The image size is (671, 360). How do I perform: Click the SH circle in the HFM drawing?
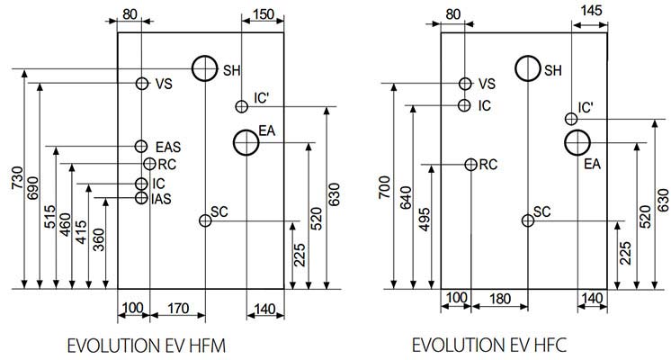[x=192, y=68]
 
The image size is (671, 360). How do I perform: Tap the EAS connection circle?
[x=135, y=147]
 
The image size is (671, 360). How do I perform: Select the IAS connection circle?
[x=135, y=198]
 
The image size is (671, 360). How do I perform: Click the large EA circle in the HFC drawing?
[x=565, y=142]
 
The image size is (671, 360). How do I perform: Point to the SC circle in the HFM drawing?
[x=200, y=220]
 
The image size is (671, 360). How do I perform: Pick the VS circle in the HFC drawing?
[x=460, y=84]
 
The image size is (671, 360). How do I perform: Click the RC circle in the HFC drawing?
[x=465, y=165]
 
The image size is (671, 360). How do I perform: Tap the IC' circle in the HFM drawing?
[x=237, y=106]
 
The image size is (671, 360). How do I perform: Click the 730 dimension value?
[x=17, y=178]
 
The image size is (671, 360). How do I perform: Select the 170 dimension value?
[x=178, y=308]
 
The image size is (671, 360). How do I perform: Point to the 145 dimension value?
[x=591, y=10]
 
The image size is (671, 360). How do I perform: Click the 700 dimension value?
[x=384, y=187]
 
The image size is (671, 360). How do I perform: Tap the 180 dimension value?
[x=499, y=299]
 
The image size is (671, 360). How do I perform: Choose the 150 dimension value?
[x=263, y=14]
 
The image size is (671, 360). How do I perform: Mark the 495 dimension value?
[x=424, y=220]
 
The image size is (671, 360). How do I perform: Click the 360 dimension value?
[x=98, y=239]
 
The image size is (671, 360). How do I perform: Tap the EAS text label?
[x=168, y=148]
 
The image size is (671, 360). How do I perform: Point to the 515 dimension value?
[x=49, y=217]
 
